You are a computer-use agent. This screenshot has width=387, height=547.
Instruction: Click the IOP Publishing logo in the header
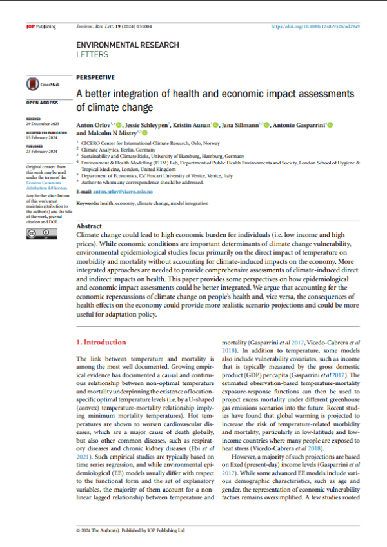[x=41, y=26]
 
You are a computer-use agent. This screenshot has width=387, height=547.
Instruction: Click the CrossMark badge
[x=40, y=85]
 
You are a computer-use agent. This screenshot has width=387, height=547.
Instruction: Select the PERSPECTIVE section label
[x=95, y=77]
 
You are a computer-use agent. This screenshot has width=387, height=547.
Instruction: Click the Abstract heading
[x=88, y=227]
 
